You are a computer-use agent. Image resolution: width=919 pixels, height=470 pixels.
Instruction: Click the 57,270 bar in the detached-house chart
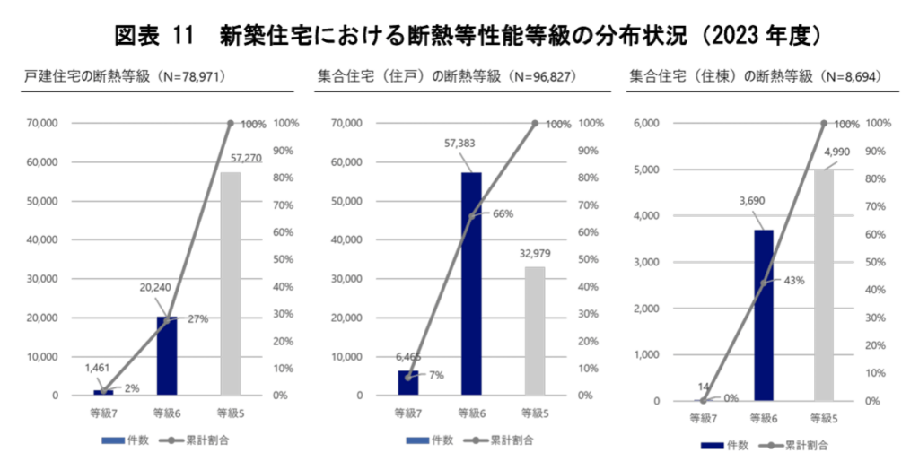pyautogui.click(x=231, y=283)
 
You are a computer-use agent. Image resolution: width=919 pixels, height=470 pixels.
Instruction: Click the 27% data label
pyautogui.click(x=198, y=319)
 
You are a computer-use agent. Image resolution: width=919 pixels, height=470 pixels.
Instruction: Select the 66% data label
pyautogui.click(x=503, y=214)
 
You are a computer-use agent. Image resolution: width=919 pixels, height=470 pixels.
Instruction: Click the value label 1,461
pyautogui.click(x=98, y=367)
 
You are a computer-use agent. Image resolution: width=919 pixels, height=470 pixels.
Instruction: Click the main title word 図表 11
pyautogui.click(x=154, y=37)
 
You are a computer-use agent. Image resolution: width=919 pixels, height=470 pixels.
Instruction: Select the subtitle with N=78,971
pyautogui.click(x=124, y=77)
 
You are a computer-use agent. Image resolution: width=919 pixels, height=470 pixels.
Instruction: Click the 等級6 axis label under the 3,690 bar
pyautogui.click(x=764, y=418)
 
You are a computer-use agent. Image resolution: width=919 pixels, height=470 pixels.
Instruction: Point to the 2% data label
pyautogui.click(x=131, y=388)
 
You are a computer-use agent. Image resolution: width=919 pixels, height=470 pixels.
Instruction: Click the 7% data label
pyautogui.click(x=436, y=375)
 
